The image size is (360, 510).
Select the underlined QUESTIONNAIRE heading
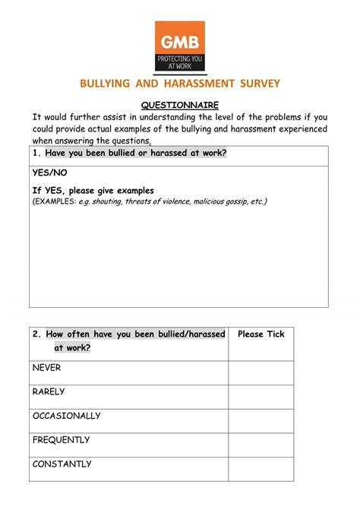coord(180,104)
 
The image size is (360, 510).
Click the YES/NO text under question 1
coord(49,173)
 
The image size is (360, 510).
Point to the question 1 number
coord(36,154)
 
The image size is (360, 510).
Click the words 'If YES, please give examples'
coord(93,190)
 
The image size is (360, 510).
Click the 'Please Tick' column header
coord(261,334)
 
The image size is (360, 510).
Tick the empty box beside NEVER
coord(261,372)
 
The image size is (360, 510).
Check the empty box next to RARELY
coord(261,397)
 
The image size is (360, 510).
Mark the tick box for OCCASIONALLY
coord(261,421)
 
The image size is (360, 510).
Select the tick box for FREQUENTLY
coord(261,445)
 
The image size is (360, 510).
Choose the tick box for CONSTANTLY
coord(261,469)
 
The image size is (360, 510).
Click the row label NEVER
coord(47,368)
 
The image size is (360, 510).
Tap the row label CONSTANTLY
coord(62,464)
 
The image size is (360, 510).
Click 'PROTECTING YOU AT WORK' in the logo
coord(180,61)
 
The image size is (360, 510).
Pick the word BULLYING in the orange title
coord(111,83)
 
